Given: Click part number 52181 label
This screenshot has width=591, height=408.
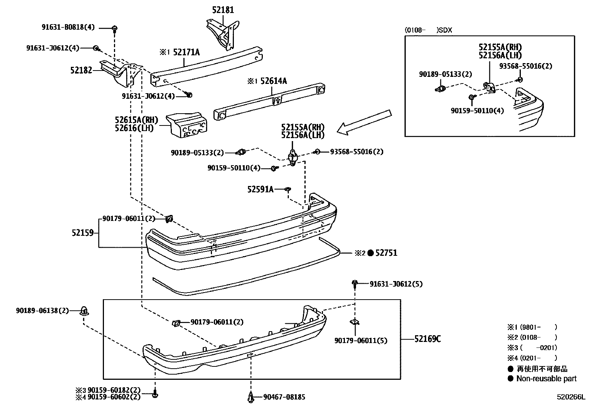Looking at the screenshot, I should (x=223, y=10).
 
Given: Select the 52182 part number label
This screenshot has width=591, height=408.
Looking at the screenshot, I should (x=81, y=70).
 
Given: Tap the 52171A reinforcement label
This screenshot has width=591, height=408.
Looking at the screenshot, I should (x=186, y=52).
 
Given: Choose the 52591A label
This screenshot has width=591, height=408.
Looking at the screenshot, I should (x=260, y=189).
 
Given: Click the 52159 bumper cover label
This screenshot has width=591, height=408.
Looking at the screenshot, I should (x=83, y=233).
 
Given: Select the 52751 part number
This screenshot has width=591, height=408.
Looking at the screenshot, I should (x=386, y=253).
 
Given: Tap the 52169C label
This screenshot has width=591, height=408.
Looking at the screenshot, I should (x=428, y=339).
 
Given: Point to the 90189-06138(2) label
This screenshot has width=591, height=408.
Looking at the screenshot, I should (x=42, y=310).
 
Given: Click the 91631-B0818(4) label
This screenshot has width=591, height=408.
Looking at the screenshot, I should (x=68, y=27).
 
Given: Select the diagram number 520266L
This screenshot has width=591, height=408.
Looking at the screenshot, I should (x=570, y=397).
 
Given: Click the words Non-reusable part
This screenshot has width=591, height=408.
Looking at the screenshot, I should (x=546, y=379).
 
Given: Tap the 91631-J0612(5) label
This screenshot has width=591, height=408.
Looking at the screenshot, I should (x=396, y=284).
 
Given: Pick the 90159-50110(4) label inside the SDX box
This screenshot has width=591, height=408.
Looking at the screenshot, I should (x=477, y=111).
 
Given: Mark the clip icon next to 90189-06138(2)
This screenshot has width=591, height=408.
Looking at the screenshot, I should (x=84, y=311).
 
